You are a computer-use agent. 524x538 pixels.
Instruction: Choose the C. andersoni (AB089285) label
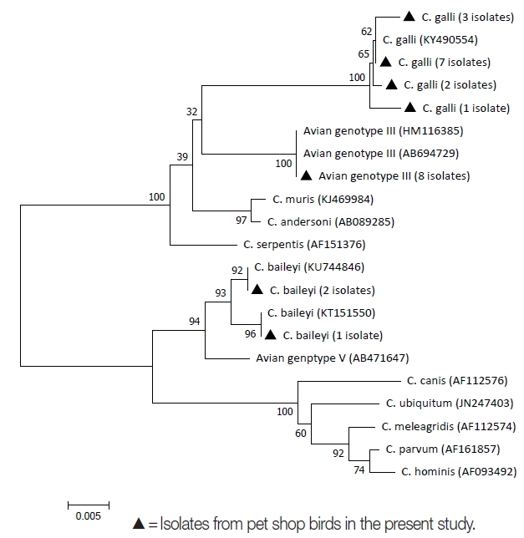331,222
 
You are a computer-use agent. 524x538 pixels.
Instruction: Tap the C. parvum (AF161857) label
442,449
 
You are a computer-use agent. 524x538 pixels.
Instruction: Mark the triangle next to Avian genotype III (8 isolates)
307,175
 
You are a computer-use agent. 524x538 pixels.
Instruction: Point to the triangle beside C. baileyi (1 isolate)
270,335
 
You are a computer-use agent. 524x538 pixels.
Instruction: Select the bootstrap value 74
359,470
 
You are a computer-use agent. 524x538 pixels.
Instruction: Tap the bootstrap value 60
301,433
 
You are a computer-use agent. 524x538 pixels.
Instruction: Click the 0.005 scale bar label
84,515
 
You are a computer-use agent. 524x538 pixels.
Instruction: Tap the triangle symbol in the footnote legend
139,525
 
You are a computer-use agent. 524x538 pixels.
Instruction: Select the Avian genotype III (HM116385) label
371,131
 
